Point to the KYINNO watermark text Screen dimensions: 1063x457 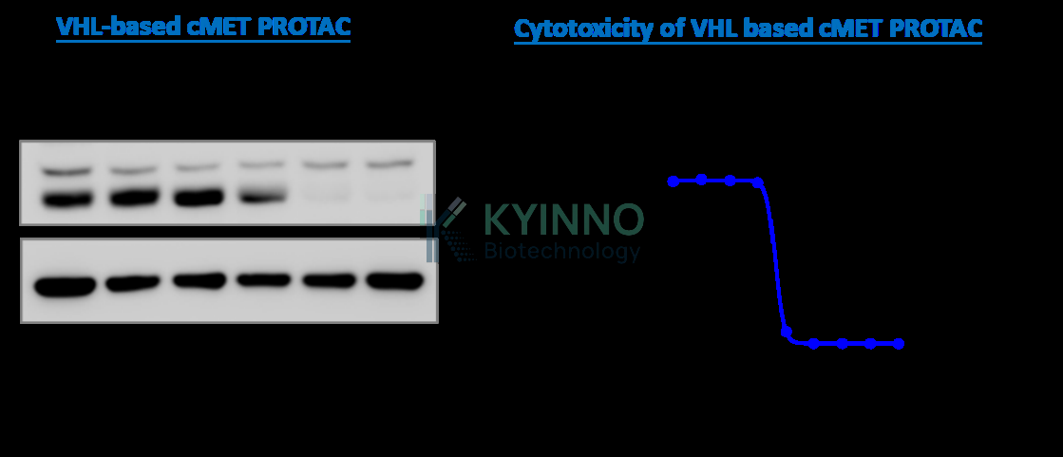pyautogui.click(x=563, y=219)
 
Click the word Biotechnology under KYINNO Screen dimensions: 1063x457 pyautogui.click(x=562, y=252)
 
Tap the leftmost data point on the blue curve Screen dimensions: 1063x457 pyautogui.click(x=674, y=181)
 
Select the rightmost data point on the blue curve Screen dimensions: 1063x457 pyautogui.click(x=899, y=344)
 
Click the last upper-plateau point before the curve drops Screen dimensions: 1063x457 pyautogui.click(x=758, y=182)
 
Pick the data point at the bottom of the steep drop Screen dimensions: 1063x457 pyautogui.click(x=787, y=332)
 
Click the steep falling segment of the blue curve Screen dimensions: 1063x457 pyautogui.click(x=773, y=257)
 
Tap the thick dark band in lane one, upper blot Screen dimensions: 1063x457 pyautogui.click(x=66, y=200)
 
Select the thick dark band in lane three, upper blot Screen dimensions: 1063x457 pyautogui.click(x=199, y=198)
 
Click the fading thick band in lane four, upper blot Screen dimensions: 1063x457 pyautogui.click(x=261, y=196)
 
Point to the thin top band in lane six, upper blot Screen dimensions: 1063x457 pyautogui.click(x=389, y=163)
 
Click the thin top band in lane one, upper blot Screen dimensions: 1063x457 pyautogui.click(x=66, y=171)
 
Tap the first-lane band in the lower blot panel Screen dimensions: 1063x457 pyautogui.click(x=66, y=285)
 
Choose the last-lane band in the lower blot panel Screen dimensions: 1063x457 pyautogui.click(x=394, y=280)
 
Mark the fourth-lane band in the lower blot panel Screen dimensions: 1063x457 pyautogui.click(x=264, y=279)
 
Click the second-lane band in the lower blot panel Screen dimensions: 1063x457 pyautogui.click(x=133, y=283)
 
